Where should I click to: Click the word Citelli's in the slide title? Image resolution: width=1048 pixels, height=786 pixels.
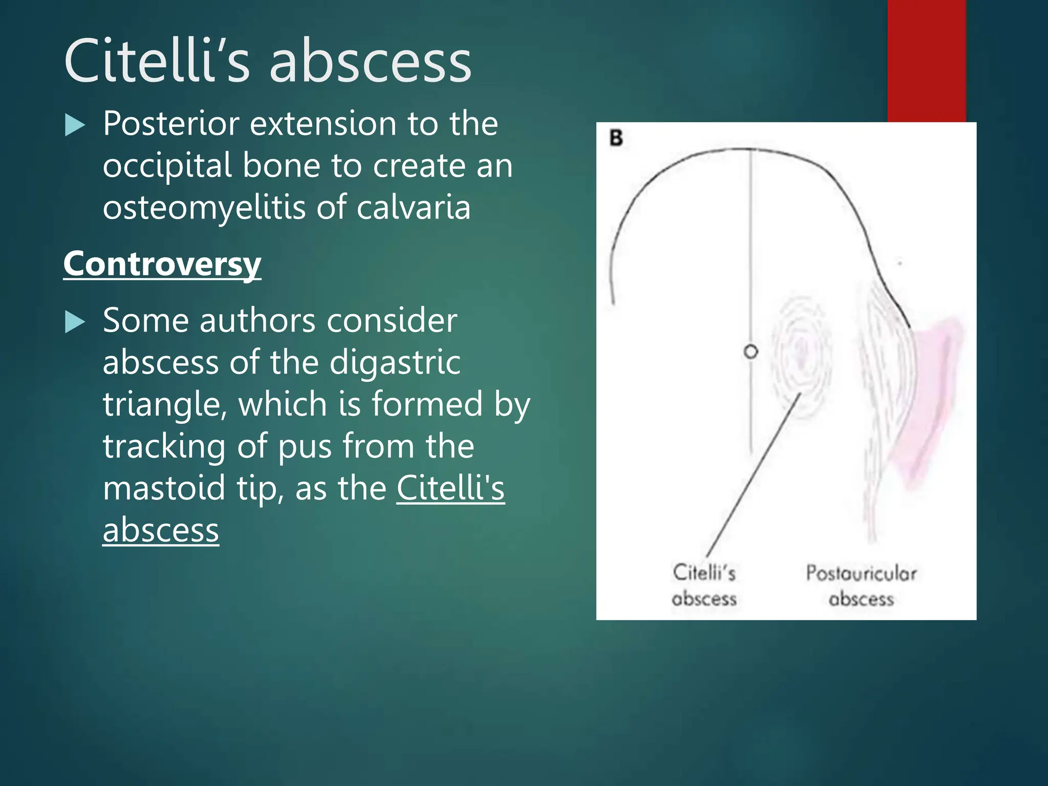tap(157, 61)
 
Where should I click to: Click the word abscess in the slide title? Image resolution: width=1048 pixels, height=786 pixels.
tap(370, 62)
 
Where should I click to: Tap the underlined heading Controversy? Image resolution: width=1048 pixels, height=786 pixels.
tap(162, 264)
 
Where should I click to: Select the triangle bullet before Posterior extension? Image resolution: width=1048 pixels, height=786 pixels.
tap(75, 125)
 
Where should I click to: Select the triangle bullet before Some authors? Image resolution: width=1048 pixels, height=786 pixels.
tap(75, 322)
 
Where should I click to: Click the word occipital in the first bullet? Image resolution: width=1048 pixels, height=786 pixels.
tap(167, 167)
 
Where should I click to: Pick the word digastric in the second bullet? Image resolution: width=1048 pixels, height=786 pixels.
tap(395, 363)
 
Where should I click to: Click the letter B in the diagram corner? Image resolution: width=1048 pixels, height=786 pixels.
tap(616, 138)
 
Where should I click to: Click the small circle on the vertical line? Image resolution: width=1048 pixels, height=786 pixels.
tap(751, 352)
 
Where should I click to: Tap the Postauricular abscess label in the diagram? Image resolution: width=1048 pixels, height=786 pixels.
tap(861, 585)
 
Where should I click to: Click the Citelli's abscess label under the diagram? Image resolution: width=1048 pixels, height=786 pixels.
tap(704, 585)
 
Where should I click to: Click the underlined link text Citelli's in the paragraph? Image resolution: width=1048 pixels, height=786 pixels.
tap(450, 488)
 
